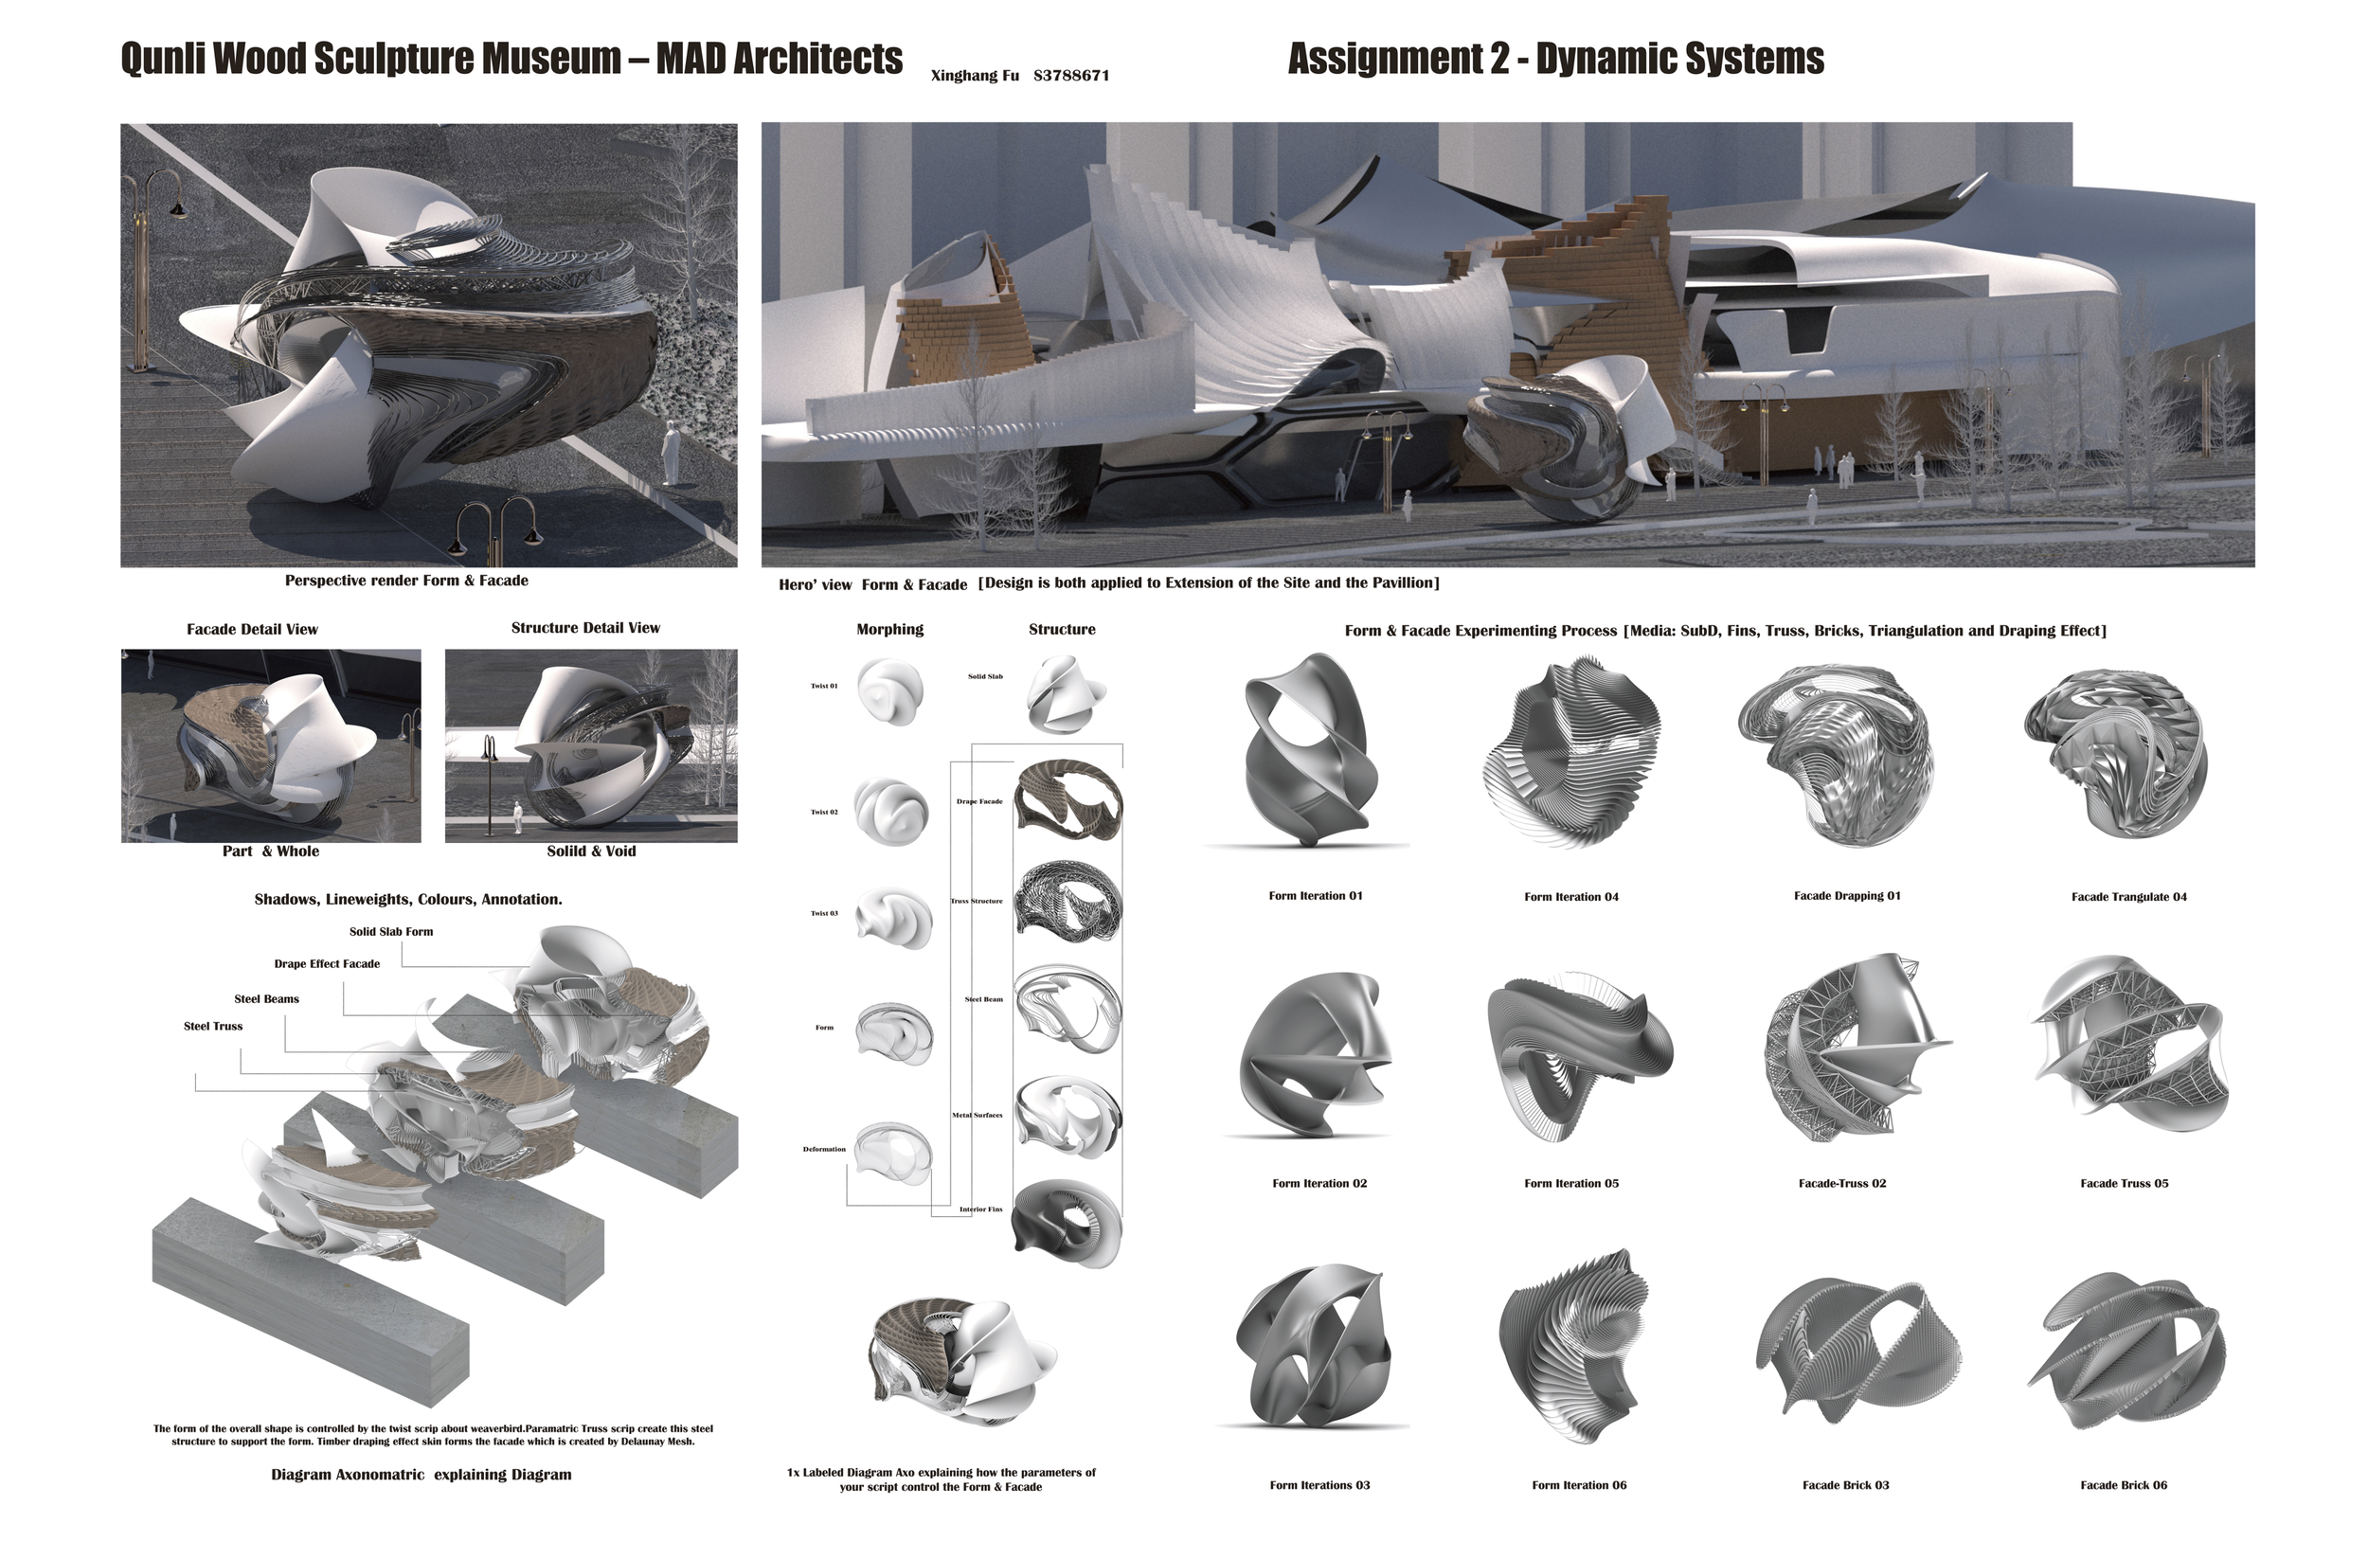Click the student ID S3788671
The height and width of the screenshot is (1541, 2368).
[x=1071, y=76]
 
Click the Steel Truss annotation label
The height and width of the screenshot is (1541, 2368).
[x=213, y=1026]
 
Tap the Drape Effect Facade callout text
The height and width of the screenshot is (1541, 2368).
[x=327, y=964]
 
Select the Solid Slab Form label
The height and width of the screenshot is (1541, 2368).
[x=391, y=932]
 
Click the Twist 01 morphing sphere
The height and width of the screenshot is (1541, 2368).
[x=889, y=690]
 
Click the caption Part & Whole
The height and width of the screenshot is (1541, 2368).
[x=271, y=851]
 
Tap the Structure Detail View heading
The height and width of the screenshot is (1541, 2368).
[x=585, y=628]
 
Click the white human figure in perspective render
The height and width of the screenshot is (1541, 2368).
[x=673, y=452]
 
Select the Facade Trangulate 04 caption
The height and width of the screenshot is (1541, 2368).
[x=2128, y=897]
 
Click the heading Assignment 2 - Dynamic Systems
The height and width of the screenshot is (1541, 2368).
[x=1555, y=59]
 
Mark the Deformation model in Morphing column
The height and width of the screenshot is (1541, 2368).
[x=893, y=1154]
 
